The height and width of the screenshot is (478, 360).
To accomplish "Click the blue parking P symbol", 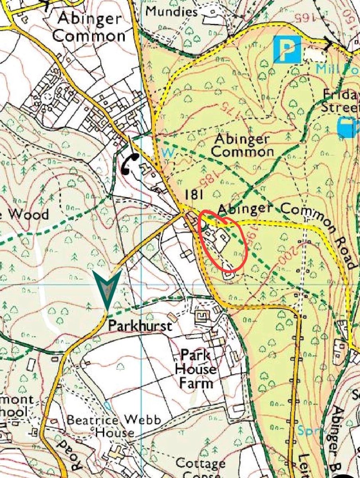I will (x=287, y=49).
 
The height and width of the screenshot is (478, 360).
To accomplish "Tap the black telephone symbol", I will (x=130, y=163).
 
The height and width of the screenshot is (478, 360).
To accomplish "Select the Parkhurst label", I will (x=140, y=326).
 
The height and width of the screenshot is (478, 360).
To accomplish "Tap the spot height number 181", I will (x=194, y=195).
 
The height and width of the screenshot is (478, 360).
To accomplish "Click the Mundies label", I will (x=171, y=12).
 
